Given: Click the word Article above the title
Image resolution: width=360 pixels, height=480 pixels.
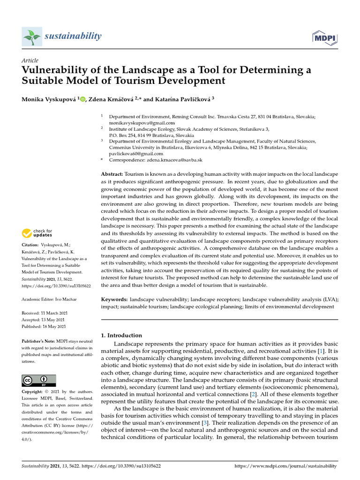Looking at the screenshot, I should (30, 60).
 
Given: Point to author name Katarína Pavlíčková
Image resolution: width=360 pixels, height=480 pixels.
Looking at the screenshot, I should (182, 99).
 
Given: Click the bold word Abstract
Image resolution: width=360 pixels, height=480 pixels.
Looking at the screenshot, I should (113, 174).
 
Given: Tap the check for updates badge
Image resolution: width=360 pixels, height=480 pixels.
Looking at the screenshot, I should (37, 233).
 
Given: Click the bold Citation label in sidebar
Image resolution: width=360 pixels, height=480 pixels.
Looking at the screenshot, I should (30, 245).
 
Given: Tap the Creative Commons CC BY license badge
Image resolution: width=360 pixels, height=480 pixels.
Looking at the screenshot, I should (39, 380).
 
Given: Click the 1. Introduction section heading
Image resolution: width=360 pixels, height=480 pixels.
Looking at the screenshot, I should (121, 335).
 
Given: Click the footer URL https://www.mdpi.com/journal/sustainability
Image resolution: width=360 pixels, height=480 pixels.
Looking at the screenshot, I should (285, 466).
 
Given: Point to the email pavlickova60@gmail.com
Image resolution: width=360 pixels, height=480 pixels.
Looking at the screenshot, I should (136, 153).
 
